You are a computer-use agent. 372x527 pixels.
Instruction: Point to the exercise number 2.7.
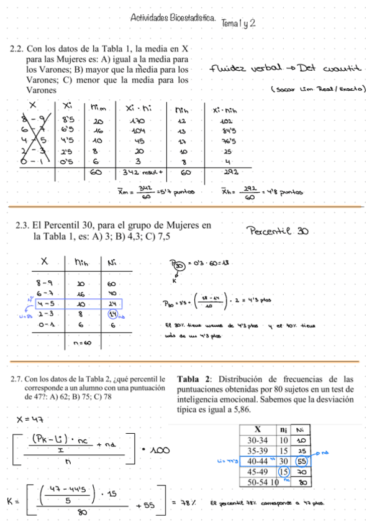click(x=17, y=378)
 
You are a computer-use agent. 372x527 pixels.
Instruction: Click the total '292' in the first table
click(x=228, y=172)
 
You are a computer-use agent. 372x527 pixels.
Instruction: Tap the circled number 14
click(x=114, y=314)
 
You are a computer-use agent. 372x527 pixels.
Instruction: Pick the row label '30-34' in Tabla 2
click(x=256, y=440)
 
